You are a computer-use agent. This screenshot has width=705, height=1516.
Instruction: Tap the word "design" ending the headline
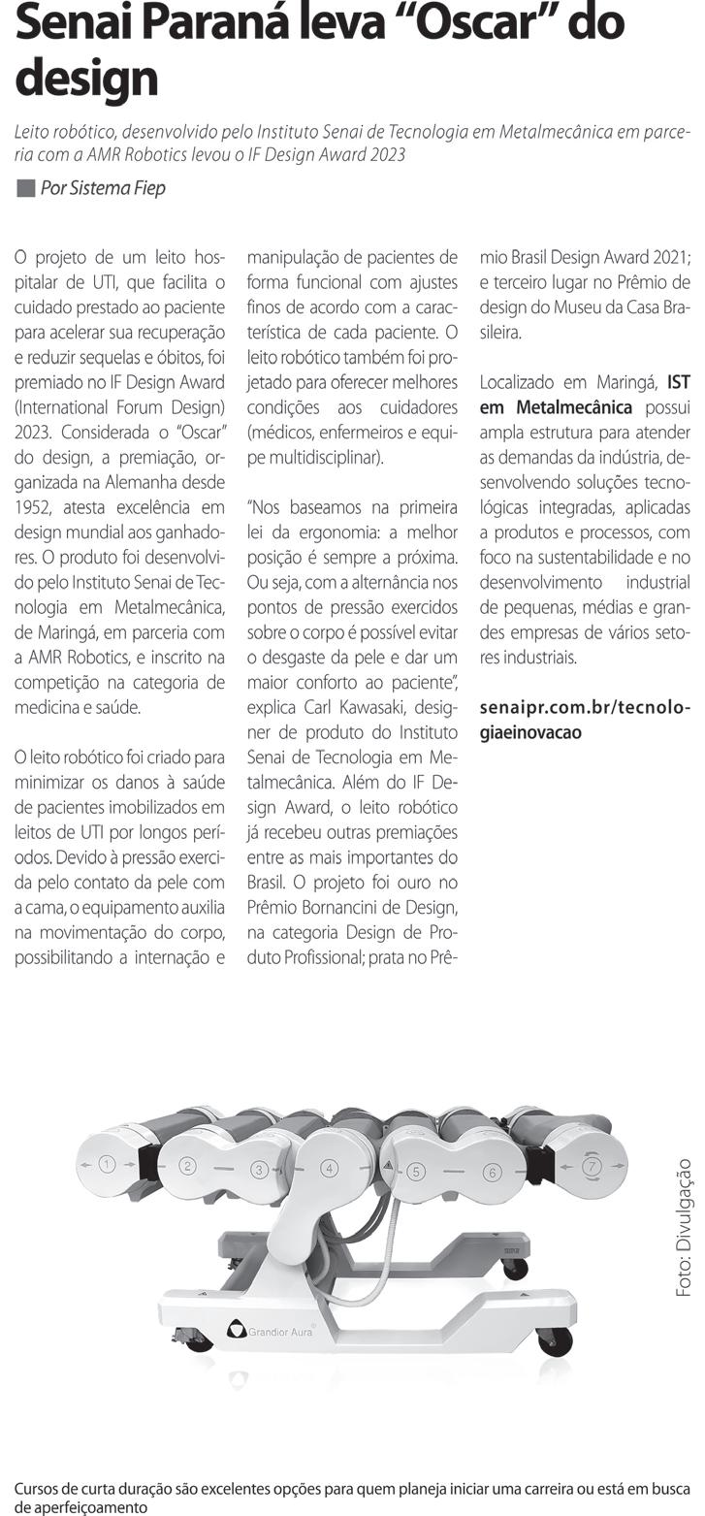click(x=86, y=78)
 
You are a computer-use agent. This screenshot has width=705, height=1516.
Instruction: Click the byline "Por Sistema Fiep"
click(x=103, y=188)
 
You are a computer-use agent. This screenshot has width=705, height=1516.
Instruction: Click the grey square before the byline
click(x=25, y=188)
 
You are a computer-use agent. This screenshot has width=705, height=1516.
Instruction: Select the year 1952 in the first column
click(x=34, y=507)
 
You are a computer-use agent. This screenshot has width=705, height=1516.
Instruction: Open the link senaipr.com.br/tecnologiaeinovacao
click(x=584, y=720)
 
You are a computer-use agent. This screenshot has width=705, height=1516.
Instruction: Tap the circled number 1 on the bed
click(x=108, y=1164)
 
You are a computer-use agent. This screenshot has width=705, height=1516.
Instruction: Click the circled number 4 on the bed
click(x=330, y=1168)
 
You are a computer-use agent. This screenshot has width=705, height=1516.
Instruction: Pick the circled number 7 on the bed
click(x=592, y=1165)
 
